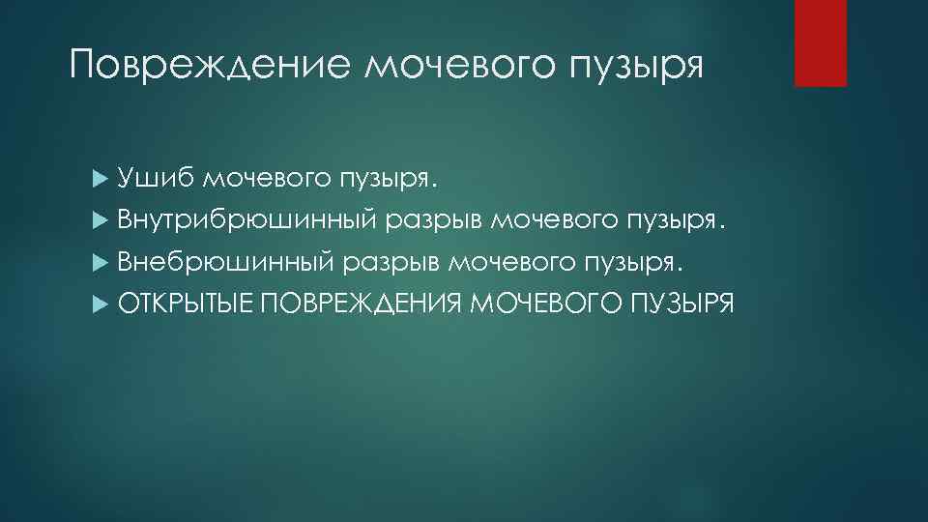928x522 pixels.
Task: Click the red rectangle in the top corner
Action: (x=820, y=43)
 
